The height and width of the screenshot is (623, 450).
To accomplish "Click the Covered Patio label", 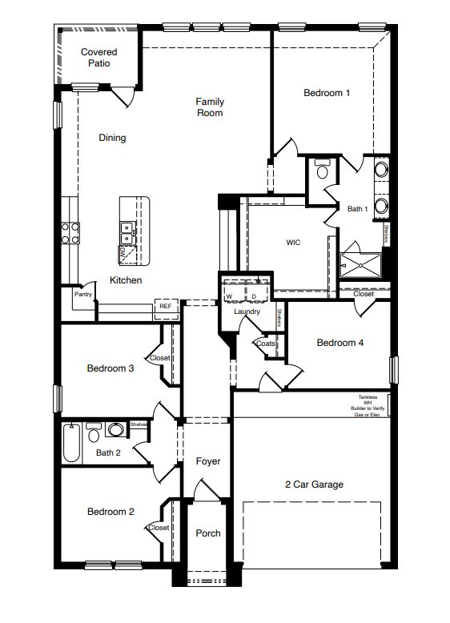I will (99, 58).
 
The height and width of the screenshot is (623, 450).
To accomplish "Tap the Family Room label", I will (210, 107).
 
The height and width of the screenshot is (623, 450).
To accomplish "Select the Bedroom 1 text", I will (327, 93).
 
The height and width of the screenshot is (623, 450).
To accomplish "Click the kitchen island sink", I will (127, 233).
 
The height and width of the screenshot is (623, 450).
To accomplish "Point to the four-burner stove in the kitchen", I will (70, 233).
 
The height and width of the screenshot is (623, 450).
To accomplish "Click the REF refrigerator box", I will (165, 306).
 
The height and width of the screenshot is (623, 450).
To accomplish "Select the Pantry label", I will (82, 294).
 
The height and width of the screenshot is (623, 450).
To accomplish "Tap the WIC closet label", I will (293, 242).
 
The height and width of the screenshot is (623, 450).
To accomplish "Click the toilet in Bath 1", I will (322, 170).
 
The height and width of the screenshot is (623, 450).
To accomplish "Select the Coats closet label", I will (265, 344).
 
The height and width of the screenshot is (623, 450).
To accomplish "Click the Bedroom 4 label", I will (340, 343).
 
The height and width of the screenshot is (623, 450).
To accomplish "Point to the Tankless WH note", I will (372, 405).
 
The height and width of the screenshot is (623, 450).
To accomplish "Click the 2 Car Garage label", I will (314, 484).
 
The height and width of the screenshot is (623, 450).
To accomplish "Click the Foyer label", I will (207, 461).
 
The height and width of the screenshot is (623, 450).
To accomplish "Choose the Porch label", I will (207, 533).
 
